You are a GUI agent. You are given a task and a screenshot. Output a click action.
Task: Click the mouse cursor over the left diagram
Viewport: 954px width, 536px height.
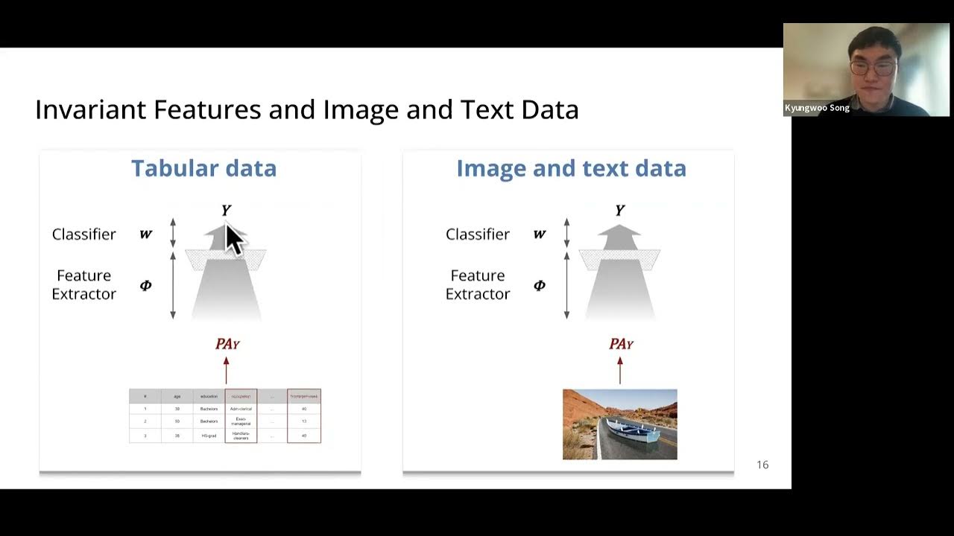[234, 240]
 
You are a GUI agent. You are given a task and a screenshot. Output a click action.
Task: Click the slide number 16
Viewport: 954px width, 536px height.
[762, 465]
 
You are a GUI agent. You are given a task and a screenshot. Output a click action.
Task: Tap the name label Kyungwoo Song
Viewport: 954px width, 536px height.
[817, 108]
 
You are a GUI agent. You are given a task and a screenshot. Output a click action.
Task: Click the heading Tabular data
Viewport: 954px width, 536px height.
[203, 168]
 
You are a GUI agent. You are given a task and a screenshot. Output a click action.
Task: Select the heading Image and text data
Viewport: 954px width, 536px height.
[571, 168]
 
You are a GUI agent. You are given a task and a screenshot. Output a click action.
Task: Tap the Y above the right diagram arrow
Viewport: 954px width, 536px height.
[619, 211]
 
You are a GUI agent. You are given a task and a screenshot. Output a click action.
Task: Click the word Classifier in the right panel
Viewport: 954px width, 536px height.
[478, 234]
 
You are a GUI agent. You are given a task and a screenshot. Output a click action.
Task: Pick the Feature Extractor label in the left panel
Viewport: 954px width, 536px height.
[83, 284]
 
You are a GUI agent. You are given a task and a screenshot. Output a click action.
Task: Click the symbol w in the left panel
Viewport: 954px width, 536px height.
[146, 234]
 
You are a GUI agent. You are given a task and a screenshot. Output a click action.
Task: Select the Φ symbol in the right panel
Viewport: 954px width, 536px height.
[540, 285]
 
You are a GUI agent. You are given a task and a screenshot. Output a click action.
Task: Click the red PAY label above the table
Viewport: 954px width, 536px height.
[227, 344]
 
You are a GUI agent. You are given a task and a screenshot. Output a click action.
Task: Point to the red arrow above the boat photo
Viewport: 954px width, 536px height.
[619, 370]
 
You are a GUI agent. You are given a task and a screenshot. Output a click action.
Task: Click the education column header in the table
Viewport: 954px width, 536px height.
[208, 396]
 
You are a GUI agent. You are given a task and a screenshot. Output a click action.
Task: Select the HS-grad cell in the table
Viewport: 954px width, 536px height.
[208, 435]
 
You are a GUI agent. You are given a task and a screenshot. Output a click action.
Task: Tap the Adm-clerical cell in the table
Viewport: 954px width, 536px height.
[241, 409]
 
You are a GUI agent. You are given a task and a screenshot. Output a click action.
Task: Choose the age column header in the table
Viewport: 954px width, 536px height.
[177, 396]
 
